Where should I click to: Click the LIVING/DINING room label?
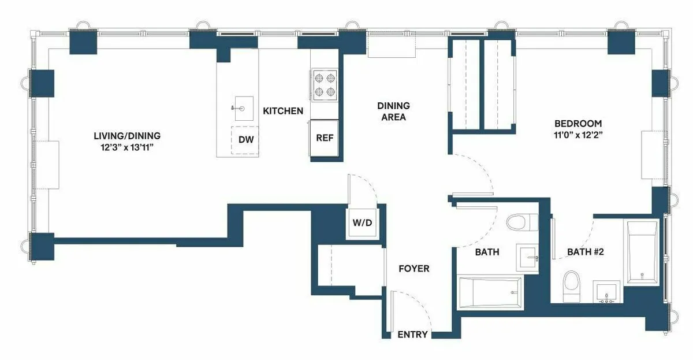127,136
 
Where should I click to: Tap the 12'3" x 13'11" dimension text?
127,148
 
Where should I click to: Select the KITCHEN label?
283,111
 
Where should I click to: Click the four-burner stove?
324,84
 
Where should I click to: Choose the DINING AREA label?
393,112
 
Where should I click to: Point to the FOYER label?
414,269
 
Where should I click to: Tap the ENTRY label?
413,335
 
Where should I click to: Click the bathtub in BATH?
490,293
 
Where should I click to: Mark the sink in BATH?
530,257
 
